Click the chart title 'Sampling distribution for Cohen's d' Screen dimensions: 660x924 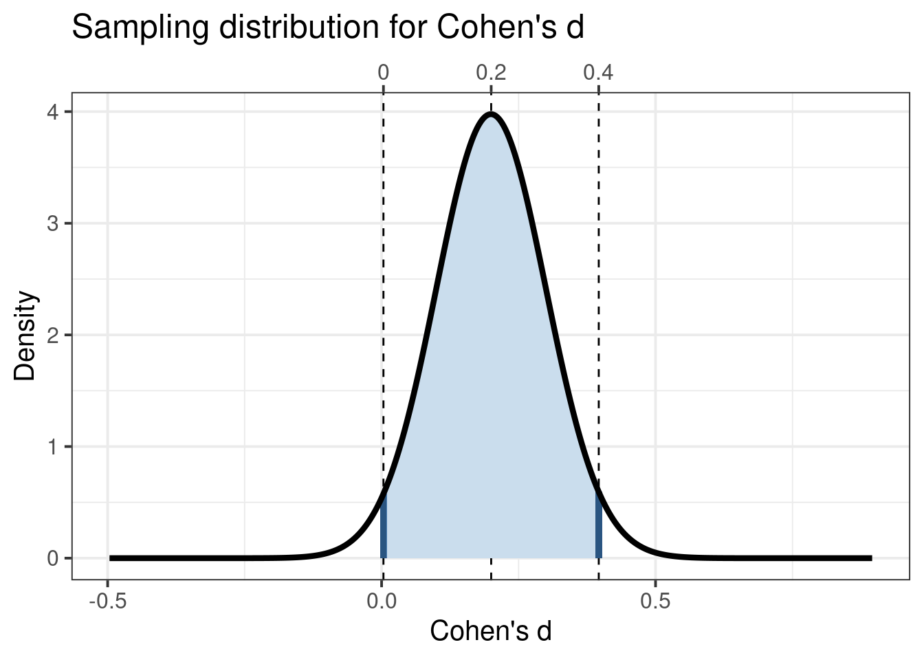328,29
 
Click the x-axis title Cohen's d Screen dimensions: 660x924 490,630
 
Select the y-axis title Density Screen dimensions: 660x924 26,335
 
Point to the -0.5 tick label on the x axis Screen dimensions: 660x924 107,602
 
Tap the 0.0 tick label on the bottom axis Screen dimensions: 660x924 382,602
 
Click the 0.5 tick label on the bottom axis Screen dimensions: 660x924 655,602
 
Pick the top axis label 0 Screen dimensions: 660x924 384,72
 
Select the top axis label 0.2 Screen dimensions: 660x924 491,72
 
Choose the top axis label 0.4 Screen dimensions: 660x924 598,72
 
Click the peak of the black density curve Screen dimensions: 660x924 491,114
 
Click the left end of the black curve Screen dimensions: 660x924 111,558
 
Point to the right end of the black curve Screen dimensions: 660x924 870,558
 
